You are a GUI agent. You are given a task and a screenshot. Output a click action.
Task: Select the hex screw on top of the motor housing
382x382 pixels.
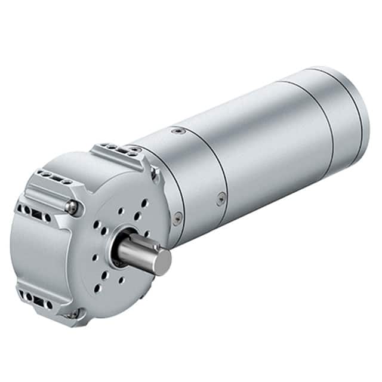click(174, 131)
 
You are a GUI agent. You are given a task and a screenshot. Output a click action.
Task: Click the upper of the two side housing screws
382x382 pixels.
click(221, 199)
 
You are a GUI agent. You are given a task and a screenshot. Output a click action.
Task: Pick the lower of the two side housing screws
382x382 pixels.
click(177, 218)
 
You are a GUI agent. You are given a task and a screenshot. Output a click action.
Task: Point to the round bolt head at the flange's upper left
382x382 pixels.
click(72, 207)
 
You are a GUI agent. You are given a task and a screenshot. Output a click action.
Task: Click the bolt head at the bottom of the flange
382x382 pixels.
click(74, 314)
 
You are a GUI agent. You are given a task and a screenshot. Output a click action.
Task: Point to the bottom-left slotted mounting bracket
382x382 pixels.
click(36, 297)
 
